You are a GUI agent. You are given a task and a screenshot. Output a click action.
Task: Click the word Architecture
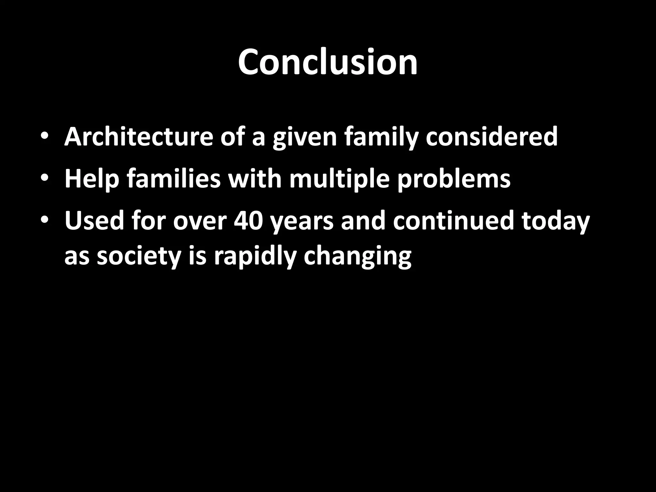(138, 137)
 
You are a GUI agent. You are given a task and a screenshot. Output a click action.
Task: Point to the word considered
(492, 137)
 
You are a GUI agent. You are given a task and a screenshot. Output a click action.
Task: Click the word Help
(92, 179)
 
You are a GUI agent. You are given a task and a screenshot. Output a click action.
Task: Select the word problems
(454, 179)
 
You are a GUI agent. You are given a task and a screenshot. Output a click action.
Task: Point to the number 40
(249, 221)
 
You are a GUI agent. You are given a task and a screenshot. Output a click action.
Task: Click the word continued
(453, 221)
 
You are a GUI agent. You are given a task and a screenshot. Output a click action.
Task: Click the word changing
(357, 257)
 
